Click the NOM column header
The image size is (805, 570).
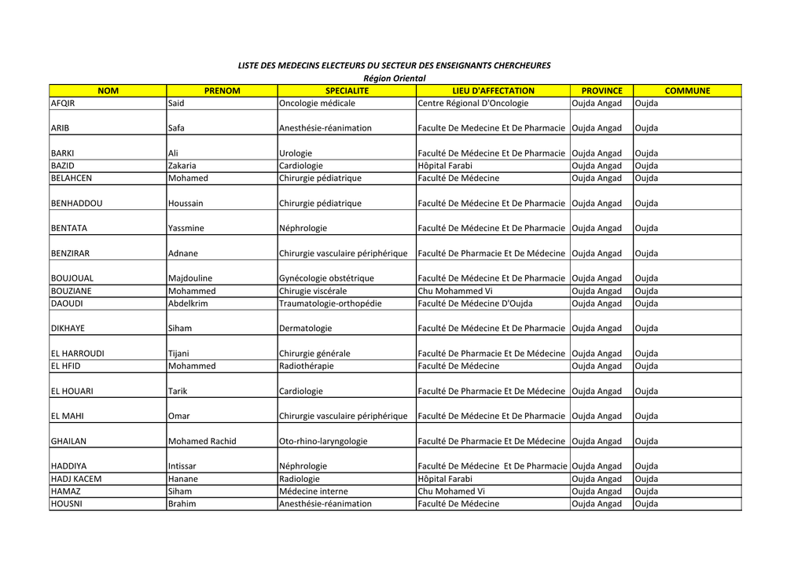coord(108,90)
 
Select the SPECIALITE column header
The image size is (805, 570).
coord(347,90)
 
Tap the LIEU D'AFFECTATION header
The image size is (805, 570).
coord(493,90)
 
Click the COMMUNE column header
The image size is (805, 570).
coord(687,90)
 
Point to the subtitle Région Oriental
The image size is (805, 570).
coord(394,78)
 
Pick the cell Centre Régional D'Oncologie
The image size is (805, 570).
coord(473,103)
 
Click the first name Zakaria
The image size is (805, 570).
coord(182,166)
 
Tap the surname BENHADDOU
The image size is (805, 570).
coord(76,203)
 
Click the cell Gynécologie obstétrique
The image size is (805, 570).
coord(326,278)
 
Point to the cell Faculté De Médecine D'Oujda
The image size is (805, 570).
coord(476,303)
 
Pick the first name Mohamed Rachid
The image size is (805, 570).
coord(202,441)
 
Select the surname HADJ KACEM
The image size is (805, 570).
coord(75,479)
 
